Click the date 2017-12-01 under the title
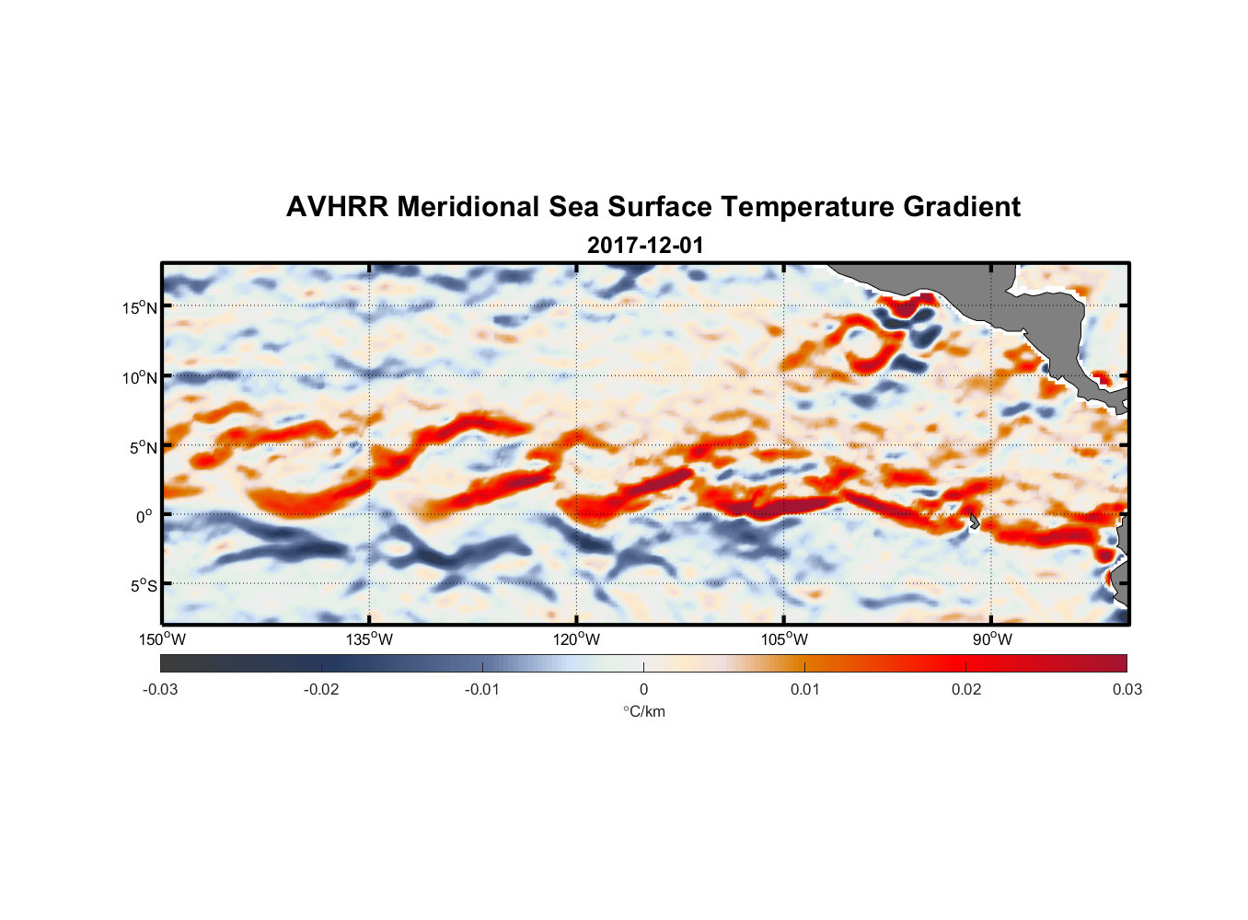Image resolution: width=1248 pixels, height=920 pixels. click(x=644, y=246)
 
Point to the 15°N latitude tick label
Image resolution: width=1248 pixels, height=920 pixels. click(x=140, y=307)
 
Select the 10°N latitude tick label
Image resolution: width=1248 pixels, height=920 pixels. click(x=140, y=377)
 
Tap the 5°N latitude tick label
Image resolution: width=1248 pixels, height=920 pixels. click(x=144, y=447)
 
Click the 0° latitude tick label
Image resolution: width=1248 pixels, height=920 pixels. click(x=145, y=516)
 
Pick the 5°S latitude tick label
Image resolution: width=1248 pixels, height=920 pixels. click(x=144, y=586)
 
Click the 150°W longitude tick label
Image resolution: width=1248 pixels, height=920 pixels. click(x=162, y=639)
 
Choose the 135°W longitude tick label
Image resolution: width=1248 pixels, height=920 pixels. click(x=369, y=639)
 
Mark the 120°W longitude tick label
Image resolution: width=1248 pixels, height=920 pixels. click(x=576, y=639)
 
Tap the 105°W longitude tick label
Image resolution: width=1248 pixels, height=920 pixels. click(x=784, y=639)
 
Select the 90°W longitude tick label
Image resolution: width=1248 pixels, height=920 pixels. click(x=991, y=639)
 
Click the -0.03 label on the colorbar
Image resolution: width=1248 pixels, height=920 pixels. click(x=160, y=690)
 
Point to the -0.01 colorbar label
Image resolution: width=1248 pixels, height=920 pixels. click(x=481, y=690)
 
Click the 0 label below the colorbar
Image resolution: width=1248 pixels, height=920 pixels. click(x=643, y=690)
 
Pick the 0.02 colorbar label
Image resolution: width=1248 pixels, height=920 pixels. click(x=966, y=690)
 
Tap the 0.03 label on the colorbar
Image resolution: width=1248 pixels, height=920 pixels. click(x=1127, y=690)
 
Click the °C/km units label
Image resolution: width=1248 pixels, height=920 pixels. click(x=643, y=711)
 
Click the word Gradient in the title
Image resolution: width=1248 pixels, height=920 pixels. click(x=962, y=207)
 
